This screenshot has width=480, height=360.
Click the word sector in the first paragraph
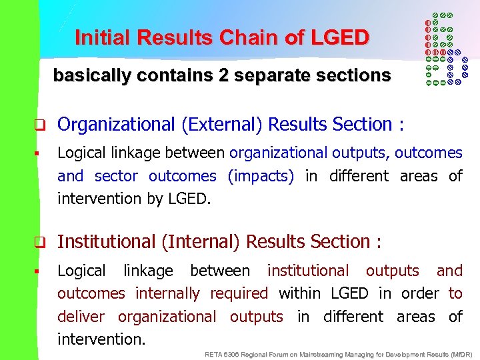(x=117, y=176)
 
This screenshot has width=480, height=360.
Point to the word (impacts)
(x=261, y=176)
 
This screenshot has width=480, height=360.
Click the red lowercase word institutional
(x=307, y=271)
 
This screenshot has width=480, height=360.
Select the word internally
(x=167, y=293)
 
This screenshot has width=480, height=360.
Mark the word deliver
(x=81, y=316)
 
